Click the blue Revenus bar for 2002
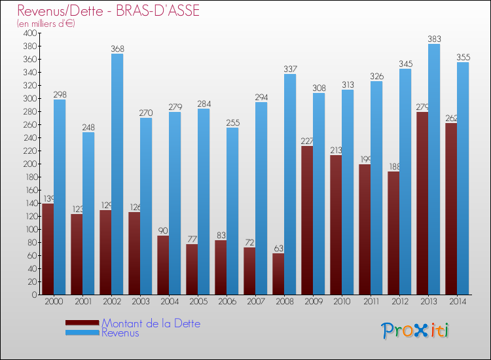[x=117, y=174]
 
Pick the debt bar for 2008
[x=278, y=274]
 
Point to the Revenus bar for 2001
[x=88, y=213]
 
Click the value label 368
[x=117, y=48]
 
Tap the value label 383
[x=434, y=39]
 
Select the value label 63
[x=278, y=248]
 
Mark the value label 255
[x=232, y=122]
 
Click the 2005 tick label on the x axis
[x=198, y=302]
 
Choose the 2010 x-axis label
[x=342, y=302]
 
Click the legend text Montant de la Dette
[x=151, y=323]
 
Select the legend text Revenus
[x=120, y=333]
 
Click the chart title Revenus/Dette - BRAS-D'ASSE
[x=109, y=11]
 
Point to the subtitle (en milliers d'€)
[x=46, y=24]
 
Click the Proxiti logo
[x=416, y=331]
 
